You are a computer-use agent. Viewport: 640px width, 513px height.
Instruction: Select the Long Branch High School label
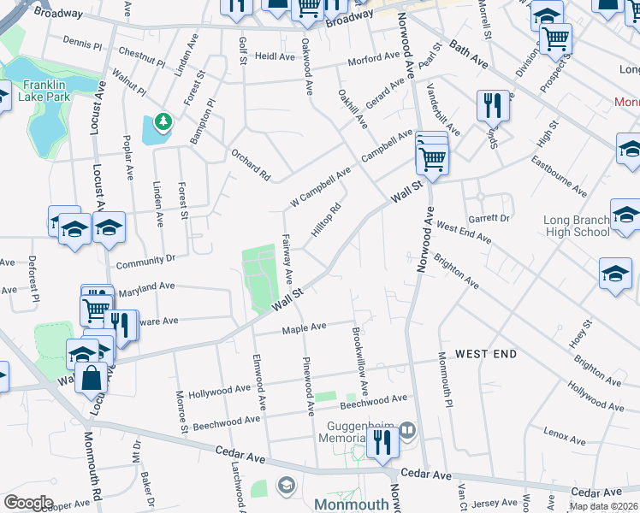coord(577,226)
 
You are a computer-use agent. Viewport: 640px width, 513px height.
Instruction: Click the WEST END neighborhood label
coord(485,353)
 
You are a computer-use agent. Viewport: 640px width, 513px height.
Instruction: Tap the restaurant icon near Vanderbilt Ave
coord(492,105)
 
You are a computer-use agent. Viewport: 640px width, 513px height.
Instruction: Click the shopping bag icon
coord(92,377)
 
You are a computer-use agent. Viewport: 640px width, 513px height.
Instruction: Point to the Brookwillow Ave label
coord(355,357)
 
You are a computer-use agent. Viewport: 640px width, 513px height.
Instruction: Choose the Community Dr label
coord(145,258)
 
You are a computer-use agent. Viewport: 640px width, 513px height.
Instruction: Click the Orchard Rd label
coord(251,165)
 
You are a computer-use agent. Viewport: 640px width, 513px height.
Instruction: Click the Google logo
coord(28,503)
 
